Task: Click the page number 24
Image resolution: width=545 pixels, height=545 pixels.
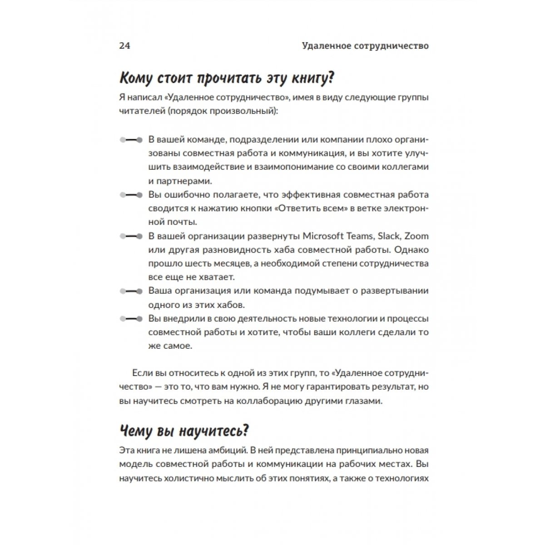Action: [x=124, y=46]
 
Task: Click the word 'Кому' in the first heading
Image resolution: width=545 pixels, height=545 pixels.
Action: [x=137, y=78]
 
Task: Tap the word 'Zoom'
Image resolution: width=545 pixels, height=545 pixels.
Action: [x=416, y=236]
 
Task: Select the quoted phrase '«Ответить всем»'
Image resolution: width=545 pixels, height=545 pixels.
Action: [x=311, y=208]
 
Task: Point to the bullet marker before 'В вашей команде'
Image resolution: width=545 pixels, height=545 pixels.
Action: [x=131, y=139]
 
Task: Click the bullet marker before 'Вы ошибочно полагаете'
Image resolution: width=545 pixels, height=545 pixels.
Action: [x=131, y=195]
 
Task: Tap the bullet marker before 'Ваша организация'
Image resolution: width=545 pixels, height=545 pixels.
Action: [x=131, y=291]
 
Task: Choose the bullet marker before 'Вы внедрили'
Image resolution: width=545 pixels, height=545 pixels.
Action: [x=131, y=319]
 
